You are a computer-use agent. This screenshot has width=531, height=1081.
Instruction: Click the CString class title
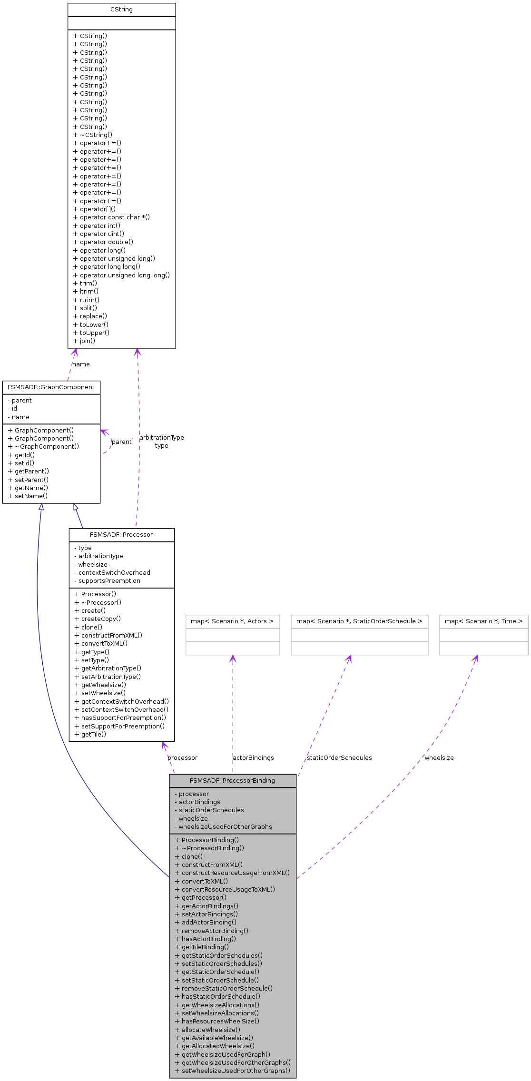point(121,10)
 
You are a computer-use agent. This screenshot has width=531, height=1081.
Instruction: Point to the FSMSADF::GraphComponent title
point(51,387)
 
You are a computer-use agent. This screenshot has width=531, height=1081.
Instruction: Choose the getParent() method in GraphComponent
point(31,471)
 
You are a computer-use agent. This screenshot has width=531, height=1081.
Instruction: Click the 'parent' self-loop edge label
point(121,442)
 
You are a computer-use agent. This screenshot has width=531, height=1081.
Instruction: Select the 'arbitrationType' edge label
point(161,438)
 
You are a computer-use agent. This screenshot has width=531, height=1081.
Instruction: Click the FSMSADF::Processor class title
point(121,535)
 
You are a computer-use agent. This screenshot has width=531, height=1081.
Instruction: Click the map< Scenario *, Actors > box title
point(232,621)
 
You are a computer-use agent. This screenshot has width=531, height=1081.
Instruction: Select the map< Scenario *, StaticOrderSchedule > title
point(359,621)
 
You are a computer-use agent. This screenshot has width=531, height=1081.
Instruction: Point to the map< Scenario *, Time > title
point(483,621)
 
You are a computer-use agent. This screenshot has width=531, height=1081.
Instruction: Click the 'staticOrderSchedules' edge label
point(339,758)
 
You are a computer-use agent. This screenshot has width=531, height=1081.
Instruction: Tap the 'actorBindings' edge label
point(253,758)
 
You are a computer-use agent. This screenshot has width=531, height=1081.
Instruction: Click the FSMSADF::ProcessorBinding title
point(232,781)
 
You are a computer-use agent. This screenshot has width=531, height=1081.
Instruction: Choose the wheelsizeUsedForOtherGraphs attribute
point(225,826)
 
